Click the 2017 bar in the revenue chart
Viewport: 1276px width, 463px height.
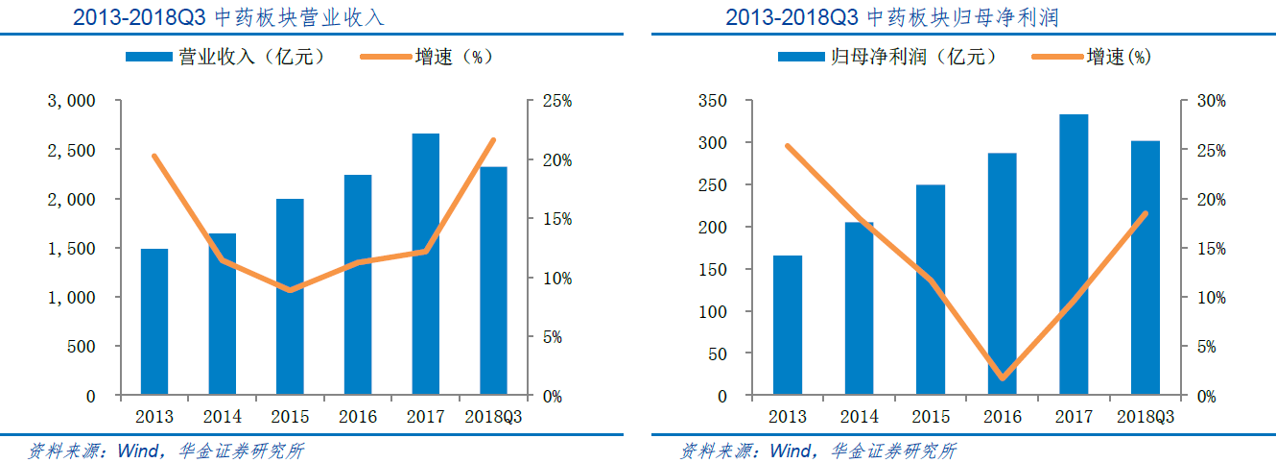pos(425,264)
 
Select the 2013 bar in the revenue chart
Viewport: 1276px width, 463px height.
pos(154,322)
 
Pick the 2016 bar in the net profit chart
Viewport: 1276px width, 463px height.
pos(1002,274)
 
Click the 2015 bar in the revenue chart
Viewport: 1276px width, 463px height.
pos(290,297)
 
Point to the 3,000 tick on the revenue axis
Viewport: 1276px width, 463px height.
pos(72,101)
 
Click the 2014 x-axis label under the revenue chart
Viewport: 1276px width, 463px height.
pos(223,416)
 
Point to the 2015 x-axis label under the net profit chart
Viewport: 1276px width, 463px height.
pos(931,416)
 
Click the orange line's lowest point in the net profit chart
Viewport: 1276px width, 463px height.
pos(1002,378)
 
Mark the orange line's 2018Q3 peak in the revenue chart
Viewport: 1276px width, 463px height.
pos(493,140)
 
